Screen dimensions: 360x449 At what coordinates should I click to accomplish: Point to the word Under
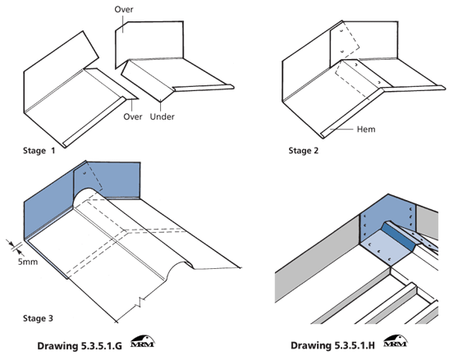[163, 116]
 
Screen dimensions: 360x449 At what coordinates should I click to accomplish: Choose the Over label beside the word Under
[133, 116]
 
